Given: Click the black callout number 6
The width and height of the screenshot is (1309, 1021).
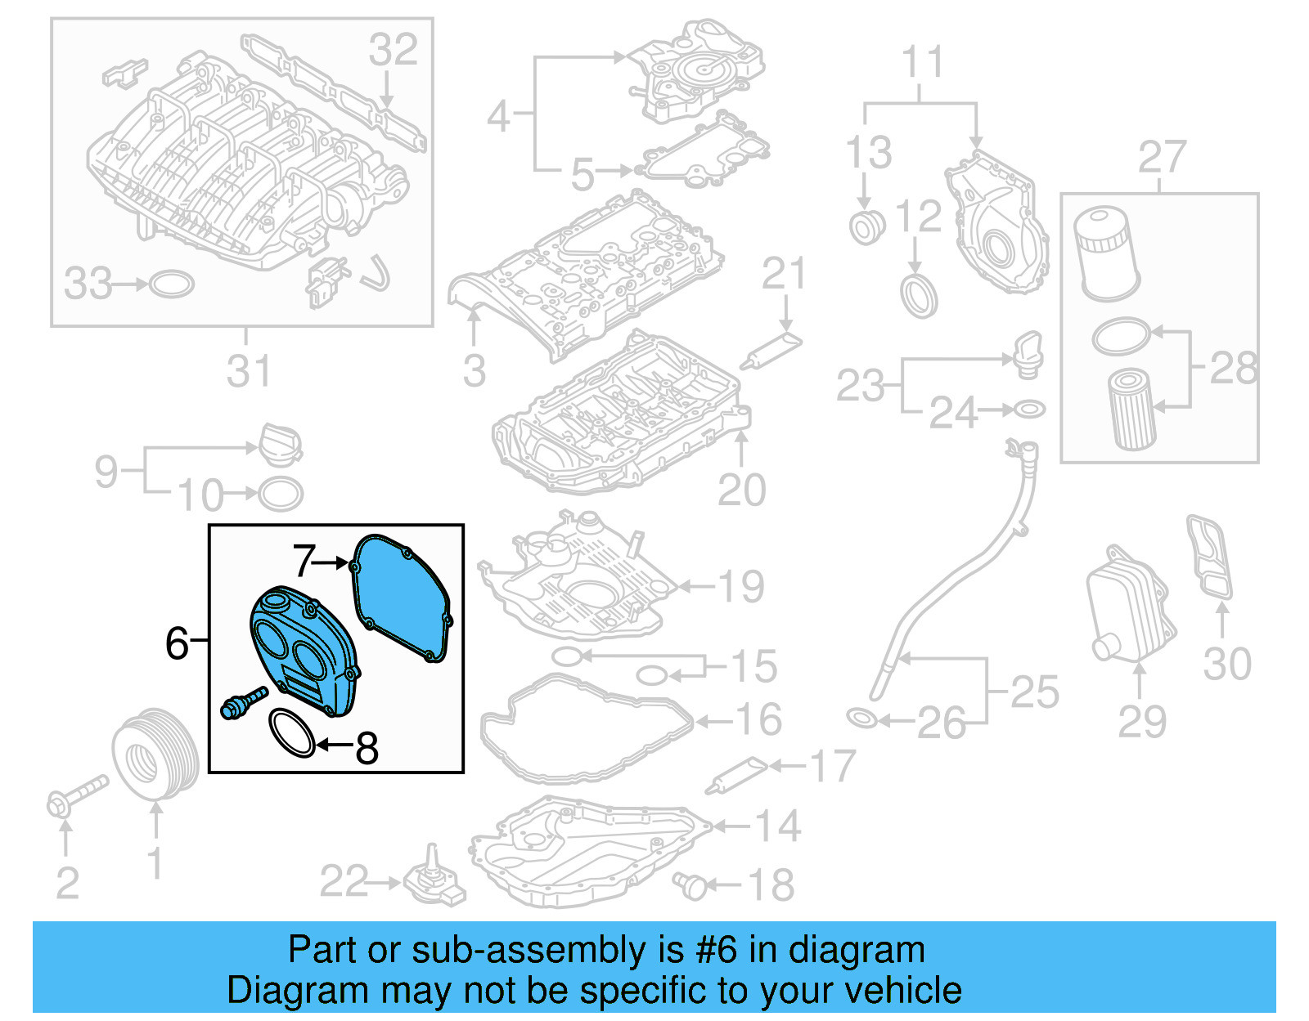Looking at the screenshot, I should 177,643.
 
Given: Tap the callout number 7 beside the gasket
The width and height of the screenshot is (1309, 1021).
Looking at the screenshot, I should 304,561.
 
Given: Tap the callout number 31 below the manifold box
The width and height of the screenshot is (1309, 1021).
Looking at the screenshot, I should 247,370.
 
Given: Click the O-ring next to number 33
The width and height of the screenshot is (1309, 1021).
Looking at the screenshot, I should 173,284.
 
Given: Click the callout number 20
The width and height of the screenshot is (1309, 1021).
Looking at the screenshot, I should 741,490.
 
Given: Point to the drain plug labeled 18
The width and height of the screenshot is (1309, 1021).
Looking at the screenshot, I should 690,884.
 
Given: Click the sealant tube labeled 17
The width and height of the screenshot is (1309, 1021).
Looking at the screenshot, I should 737,775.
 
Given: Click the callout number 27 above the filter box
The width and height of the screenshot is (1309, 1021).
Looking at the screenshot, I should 1162,157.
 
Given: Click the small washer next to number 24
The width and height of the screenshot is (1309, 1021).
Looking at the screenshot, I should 1029,409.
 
